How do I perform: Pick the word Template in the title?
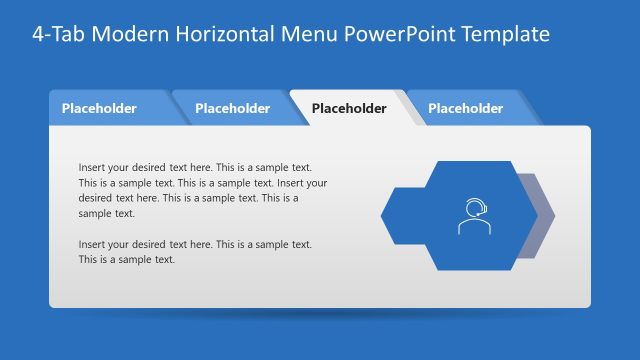[x=504, y=34]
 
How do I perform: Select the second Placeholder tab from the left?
[x=232, y=108]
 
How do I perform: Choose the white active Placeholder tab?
[x=349, y=108]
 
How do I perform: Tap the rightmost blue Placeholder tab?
[x=465, y=108]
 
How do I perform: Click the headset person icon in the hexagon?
[x=474, y=216]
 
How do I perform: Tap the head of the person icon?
[x=474, y=208]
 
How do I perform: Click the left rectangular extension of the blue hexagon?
[x=400, y=215]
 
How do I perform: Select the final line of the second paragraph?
[x=127, y=259]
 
